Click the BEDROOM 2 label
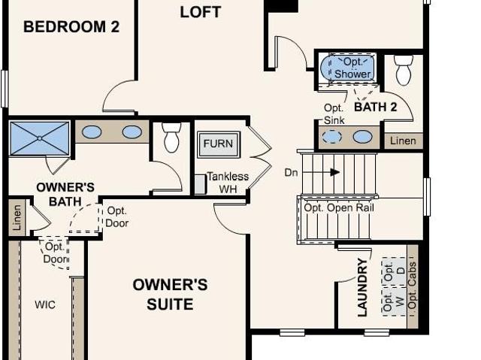point(71,26)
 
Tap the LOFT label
point(201,12)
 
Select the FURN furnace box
point(219,144)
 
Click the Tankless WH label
point(228,183)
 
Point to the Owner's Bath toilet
point(172,138)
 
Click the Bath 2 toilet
point(404,70)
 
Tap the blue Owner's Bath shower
point(40,138)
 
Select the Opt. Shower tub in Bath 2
point(348,68)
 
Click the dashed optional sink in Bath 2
point(331,137)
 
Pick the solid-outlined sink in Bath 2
point(362,137)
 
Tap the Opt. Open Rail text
point(339,208)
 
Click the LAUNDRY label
point(362,287)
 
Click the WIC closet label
point(45,305)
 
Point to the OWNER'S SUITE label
point(171,295)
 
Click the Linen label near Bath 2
point(403,141)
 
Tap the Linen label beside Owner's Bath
point(17,218)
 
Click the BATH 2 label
point(376,107)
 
